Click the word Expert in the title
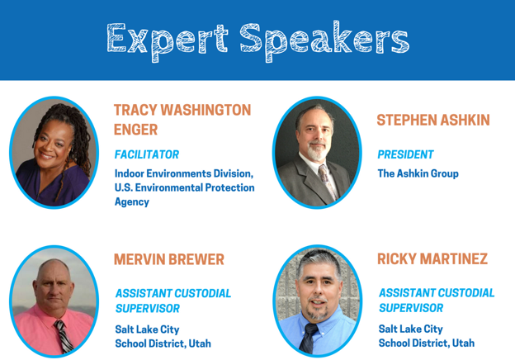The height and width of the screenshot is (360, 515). (x=168, y=40)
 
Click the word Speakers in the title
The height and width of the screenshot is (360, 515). (x=325, y=40)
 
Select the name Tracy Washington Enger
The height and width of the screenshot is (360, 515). (x=182, y=120)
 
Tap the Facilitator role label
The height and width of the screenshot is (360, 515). (x=146, y=154)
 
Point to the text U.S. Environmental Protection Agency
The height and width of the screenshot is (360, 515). (x=184, y=194)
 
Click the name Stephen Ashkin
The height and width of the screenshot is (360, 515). (x=432, y=121)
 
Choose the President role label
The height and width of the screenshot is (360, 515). (x=405, y=154)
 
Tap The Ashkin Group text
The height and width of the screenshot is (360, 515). (x=418, y=173)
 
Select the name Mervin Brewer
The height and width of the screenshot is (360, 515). (x=168, y=259)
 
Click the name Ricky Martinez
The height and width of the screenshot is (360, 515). (x=432, y=259)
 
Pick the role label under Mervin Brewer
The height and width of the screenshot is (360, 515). (x=172, y=301)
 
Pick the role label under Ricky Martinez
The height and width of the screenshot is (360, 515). (x=436, y=301)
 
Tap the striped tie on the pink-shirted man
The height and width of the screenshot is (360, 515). (x=63, y=337)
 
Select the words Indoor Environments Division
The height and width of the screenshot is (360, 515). (x=183, y=173)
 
